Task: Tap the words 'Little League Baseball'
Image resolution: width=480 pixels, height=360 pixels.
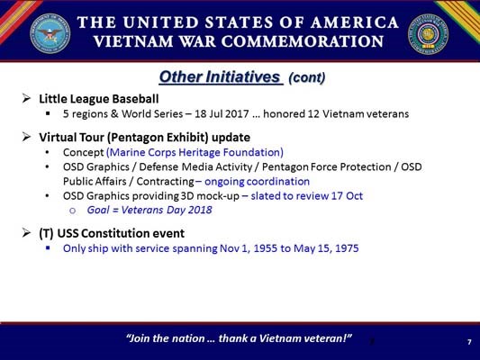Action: point(98,98)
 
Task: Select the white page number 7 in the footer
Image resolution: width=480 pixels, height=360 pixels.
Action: point(469,342)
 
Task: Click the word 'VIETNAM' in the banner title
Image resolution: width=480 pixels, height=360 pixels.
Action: point(138,41)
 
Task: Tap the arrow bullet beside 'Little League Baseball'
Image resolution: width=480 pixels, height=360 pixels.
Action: point(27,98)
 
